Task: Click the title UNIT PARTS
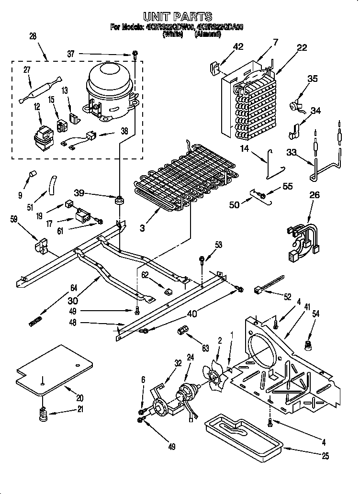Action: tap(180, 18)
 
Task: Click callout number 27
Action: tap(27, 70)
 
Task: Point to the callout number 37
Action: tap(71, 55)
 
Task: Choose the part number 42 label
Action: tap(238, 47)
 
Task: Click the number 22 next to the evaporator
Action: tap(302, 47)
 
